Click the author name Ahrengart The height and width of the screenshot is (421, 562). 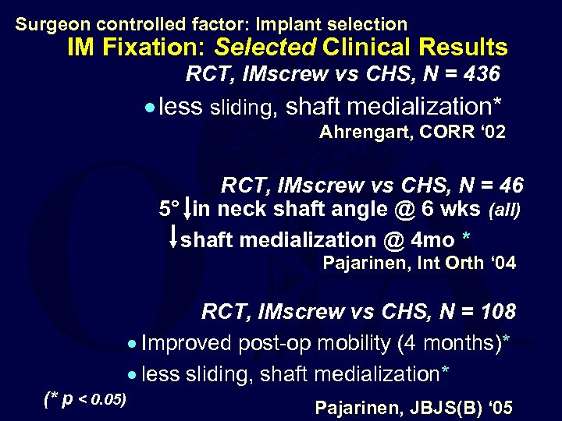365,132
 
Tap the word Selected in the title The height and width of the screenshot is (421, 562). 265,48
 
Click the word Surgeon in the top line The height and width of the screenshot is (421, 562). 46,24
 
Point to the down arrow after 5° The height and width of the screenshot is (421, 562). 191,209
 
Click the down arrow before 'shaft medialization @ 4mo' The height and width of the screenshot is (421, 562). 173,237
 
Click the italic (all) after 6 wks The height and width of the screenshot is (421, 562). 503,210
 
